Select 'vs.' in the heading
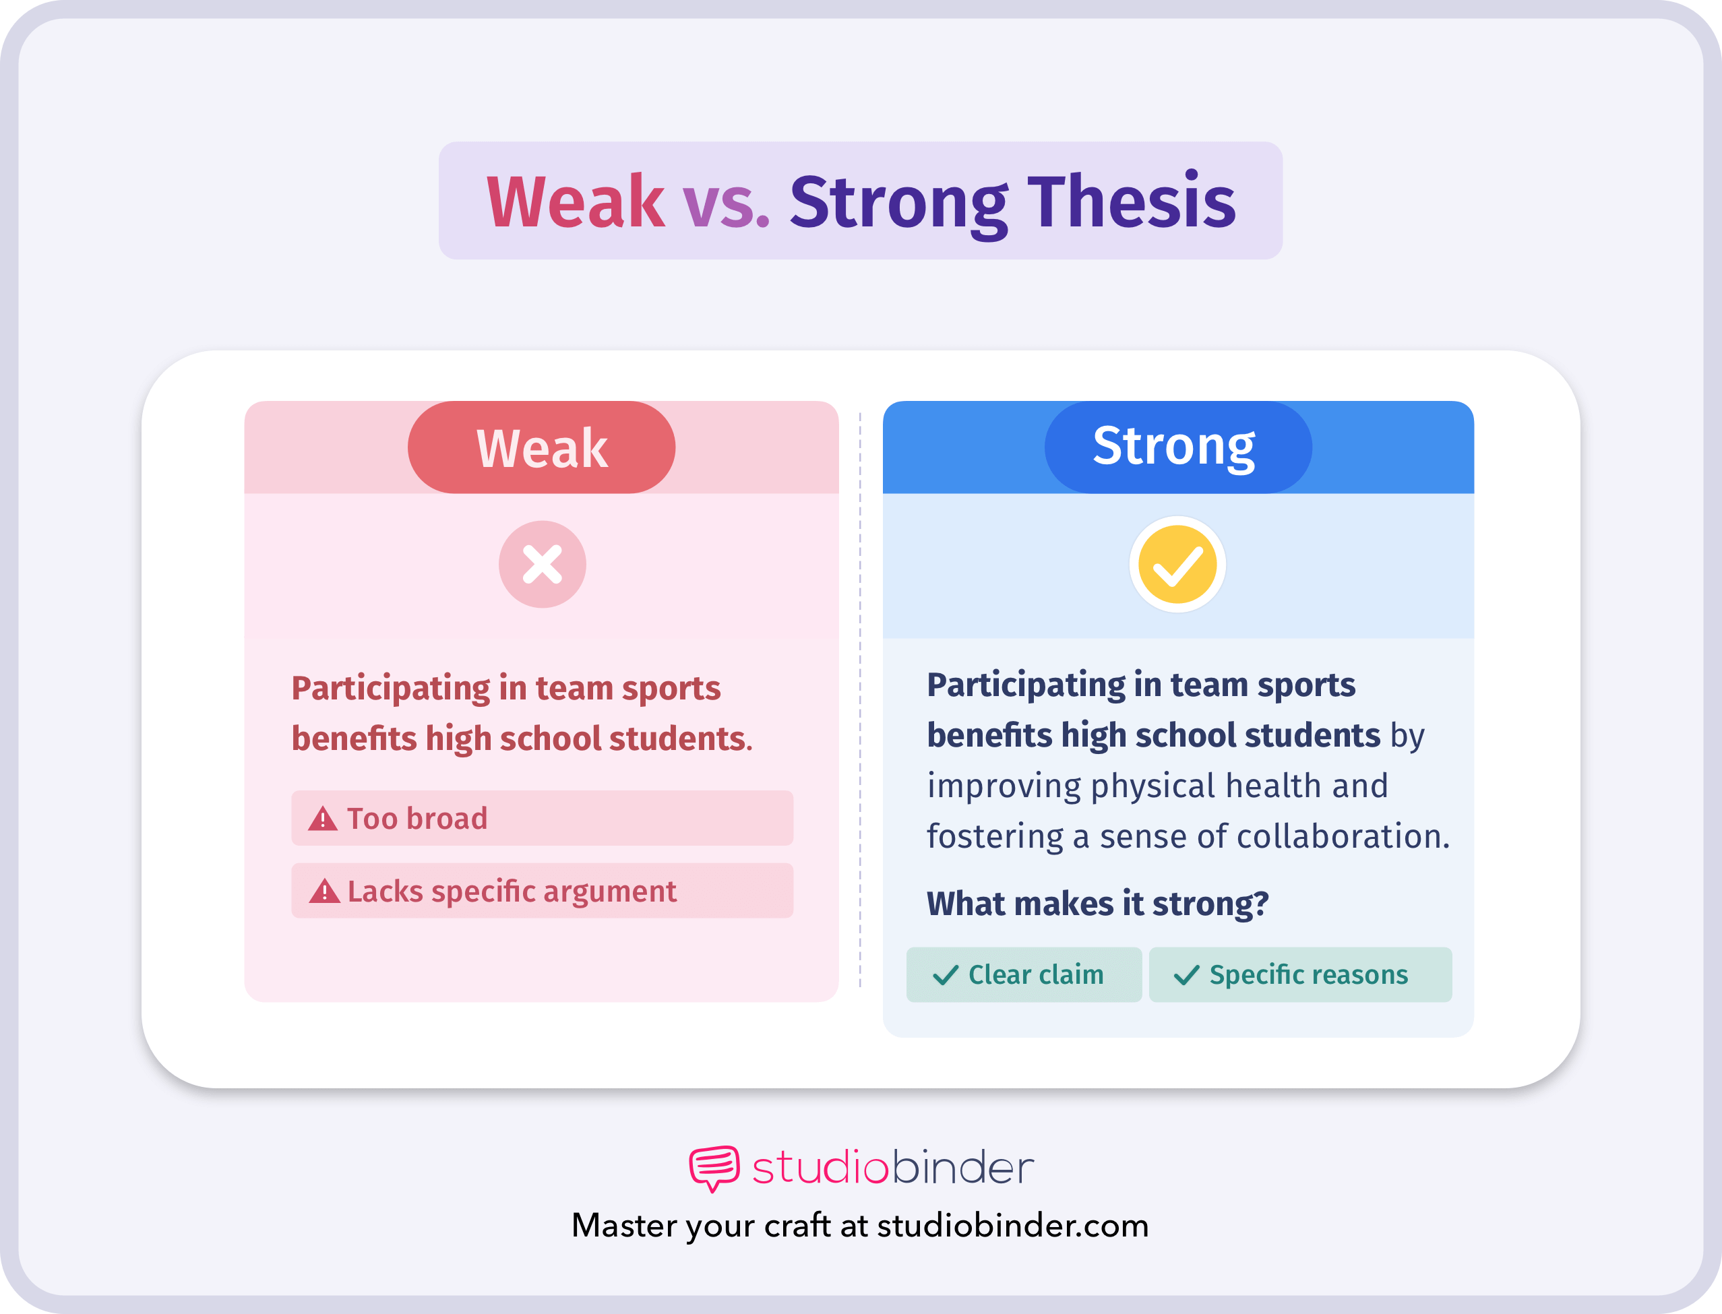coord(727,205)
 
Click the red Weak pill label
coord(541,447)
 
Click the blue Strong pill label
coord(1177,447)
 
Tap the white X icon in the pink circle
coord(542,564)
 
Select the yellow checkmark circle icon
coord(1177,564)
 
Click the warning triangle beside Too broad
coord(322,819)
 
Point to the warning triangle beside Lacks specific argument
coord(324,891)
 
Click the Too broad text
coord(417,819)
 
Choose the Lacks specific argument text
coord(512,891)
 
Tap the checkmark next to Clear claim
coord(945,975)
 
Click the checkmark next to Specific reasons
coord(1186,975)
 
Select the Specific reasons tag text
coord(1308,975)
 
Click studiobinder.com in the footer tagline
coord(1012,1226)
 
